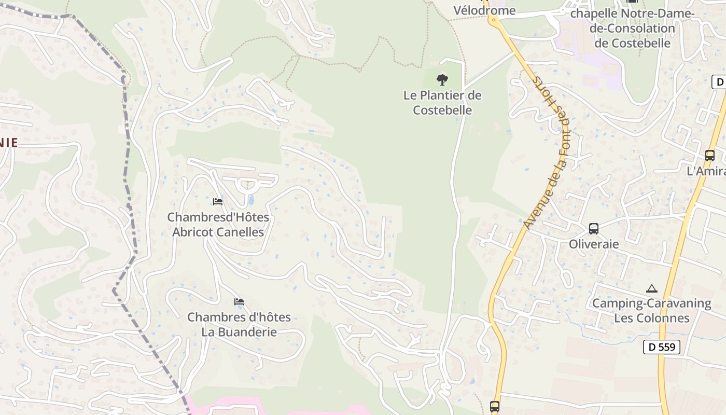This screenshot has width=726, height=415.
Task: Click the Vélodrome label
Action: tap(484, 10)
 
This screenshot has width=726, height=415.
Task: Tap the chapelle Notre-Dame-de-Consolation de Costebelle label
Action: tap(632, 28)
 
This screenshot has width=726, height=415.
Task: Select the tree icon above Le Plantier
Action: tap(442, 80)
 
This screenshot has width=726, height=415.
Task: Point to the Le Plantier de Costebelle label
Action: tap(442, 103)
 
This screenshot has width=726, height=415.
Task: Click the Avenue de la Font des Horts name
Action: tap(547, 153)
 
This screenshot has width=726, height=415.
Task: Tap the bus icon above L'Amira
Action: tap(709, 155)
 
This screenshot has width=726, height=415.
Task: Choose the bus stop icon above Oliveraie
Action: tap(594, 229)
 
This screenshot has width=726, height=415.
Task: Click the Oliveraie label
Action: tap(594, 244)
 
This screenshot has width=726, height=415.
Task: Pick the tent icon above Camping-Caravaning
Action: tap(652, 288)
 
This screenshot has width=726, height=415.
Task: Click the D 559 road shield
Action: tap(661, 347)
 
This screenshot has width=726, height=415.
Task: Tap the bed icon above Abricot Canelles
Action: tap(218, 201)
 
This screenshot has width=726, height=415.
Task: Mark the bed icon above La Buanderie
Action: tap(239, 301)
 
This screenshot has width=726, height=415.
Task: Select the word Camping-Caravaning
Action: tap(651, 303)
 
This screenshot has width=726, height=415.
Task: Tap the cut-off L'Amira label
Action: tap(706, 171)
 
